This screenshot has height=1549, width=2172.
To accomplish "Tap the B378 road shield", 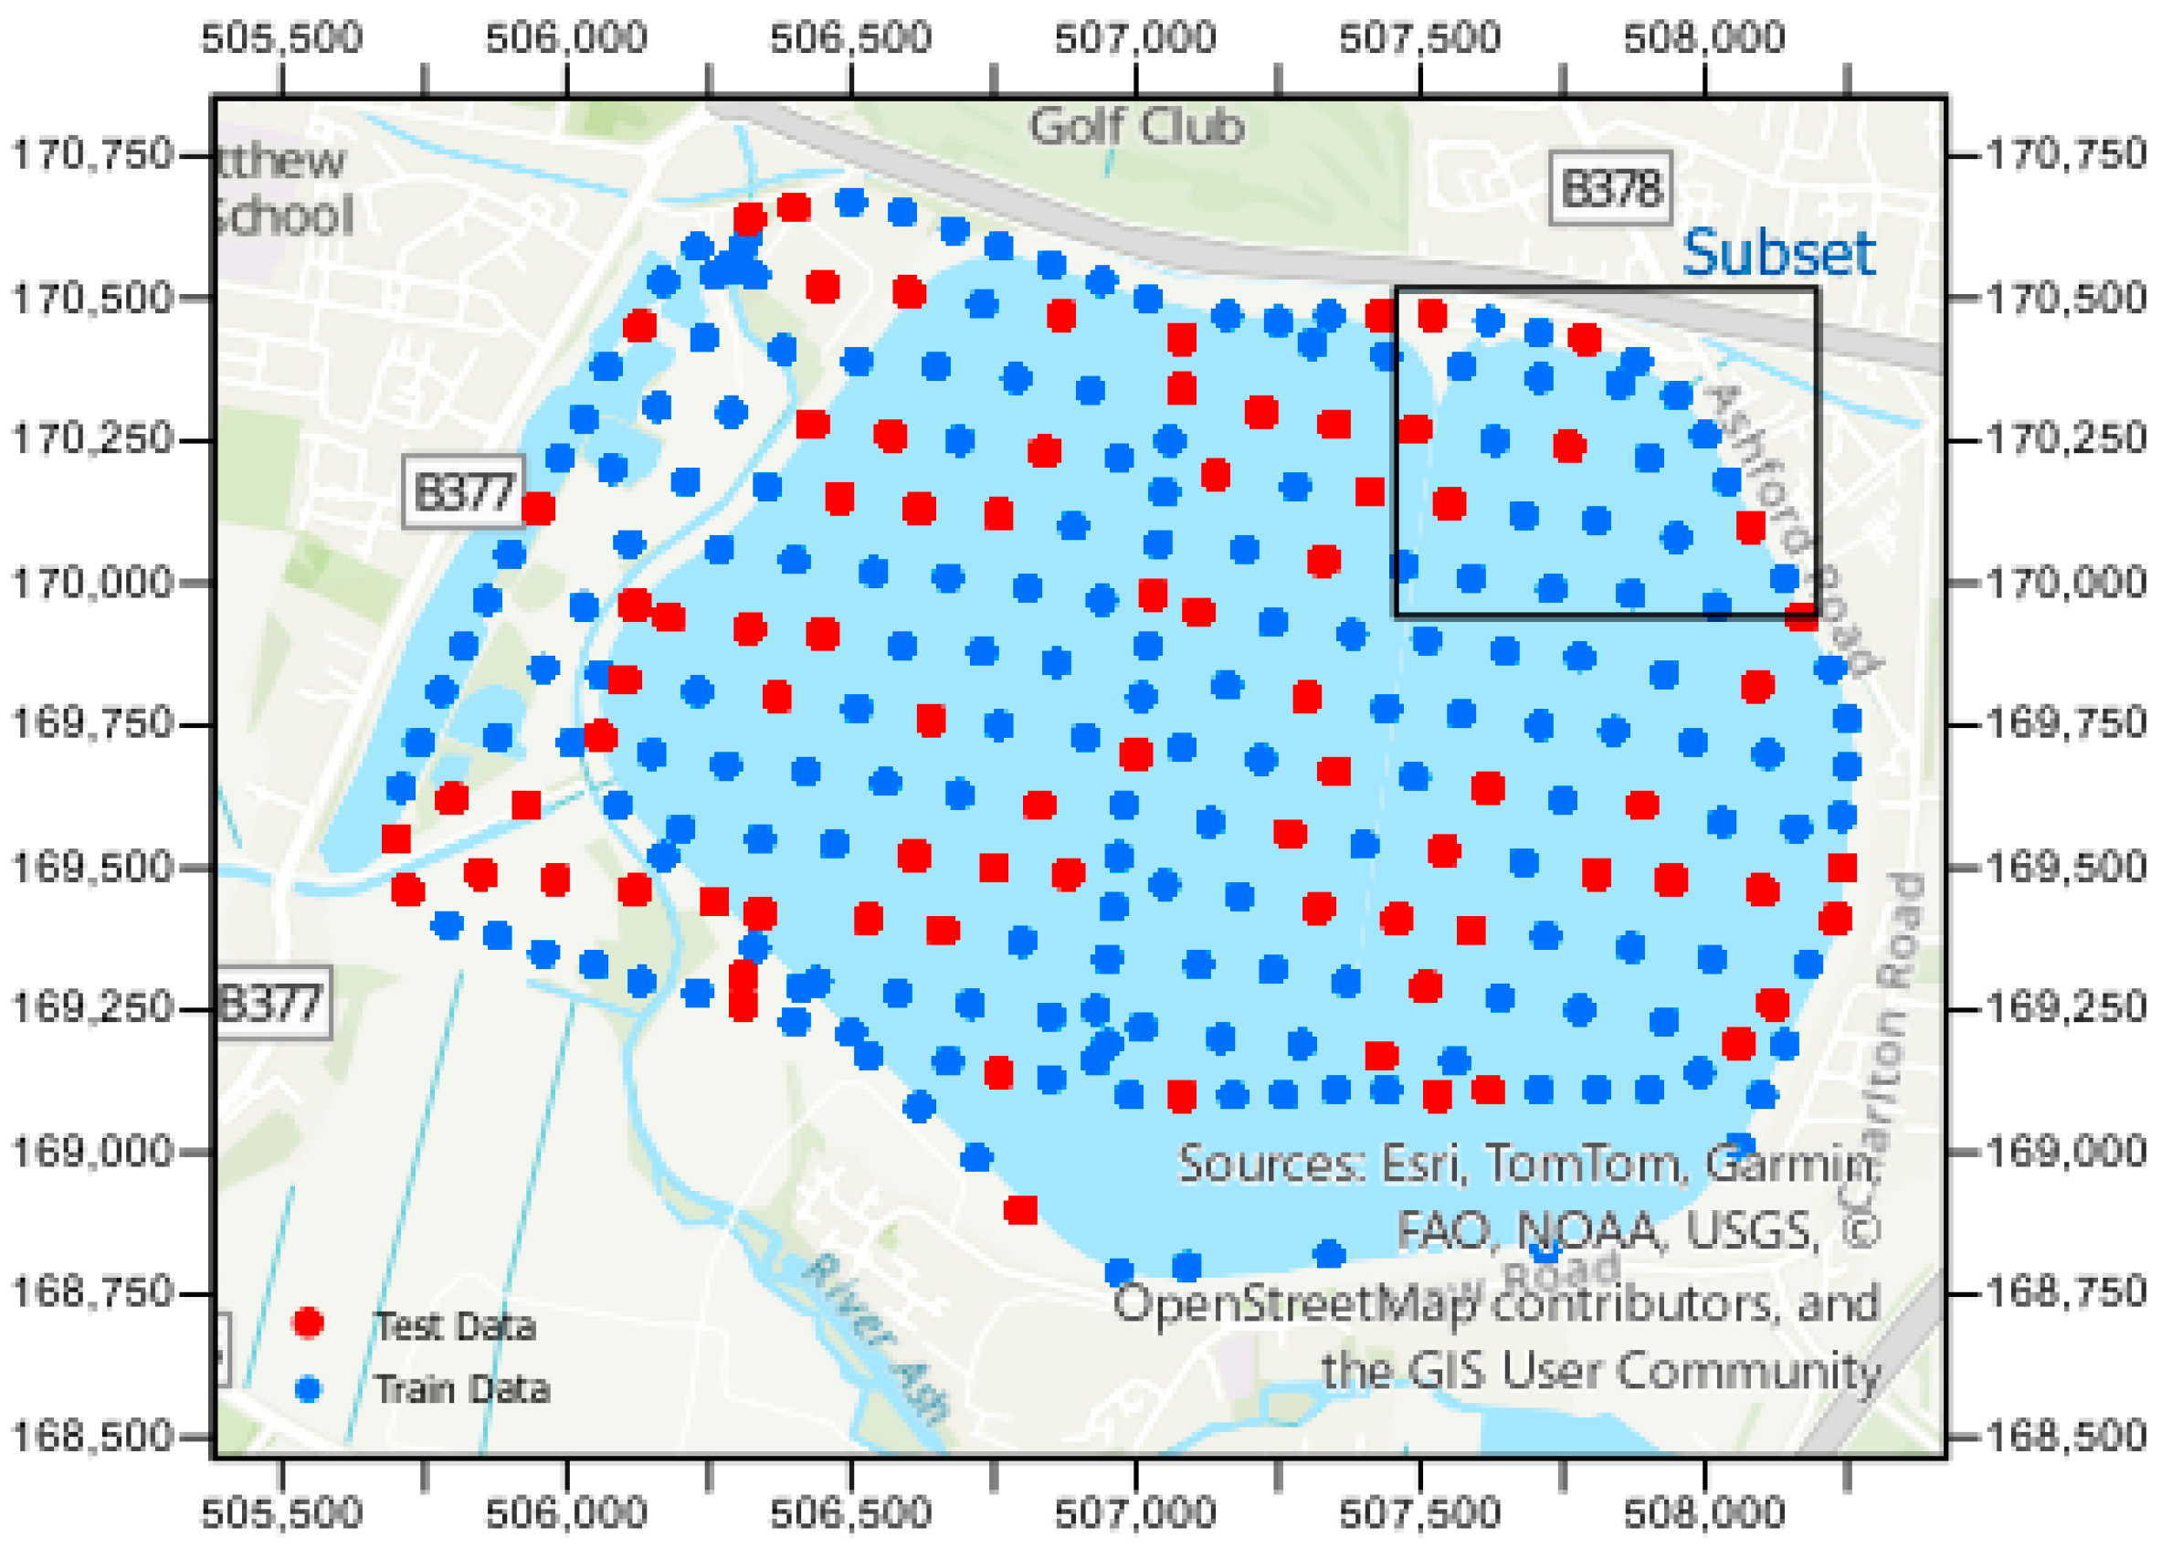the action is [1610, 188].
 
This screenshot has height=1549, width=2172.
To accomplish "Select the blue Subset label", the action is [1778, 253].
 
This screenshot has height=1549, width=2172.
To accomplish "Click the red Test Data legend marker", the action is [308, 1322].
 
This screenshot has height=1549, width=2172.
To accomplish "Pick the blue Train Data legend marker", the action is [308, 1388].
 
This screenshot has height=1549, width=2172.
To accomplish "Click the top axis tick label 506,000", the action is [566, 38].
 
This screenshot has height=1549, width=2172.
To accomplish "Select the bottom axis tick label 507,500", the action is [1419, 1512].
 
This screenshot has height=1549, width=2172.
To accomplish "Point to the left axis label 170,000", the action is [91, 582].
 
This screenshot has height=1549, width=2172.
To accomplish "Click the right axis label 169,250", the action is [2066, 1007].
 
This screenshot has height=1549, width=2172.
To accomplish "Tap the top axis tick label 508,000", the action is [1703, 38].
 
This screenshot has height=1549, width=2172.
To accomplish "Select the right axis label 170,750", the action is [2066, 154].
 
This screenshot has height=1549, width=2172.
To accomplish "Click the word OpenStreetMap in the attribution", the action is [1293, 1303].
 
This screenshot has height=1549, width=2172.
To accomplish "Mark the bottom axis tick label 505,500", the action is [282, 1512].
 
